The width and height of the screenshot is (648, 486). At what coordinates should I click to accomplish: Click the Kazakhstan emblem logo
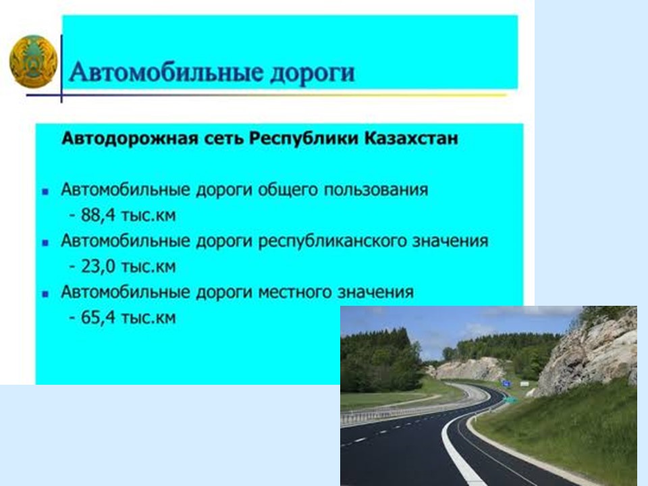point(34,61)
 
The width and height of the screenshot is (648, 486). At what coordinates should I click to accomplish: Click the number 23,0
point(99,267)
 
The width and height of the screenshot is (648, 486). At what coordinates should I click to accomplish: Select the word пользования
point(376,190)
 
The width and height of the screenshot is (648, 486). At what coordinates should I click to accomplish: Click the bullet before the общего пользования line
point(45,191)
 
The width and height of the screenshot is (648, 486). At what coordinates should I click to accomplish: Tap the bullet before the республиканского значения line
point(45,242)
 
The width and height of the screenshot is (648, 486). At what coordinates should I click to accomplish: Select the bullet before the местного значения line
point(45,294)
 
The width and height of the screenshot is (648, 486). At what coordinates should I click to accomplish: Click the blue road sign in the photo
point(506,383)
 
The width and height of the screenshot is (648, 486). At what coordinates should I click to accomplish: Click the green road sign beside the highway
point(511,399)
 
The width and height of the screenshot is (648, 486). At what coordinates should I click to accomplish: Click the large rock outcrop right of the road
point(591,351)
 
